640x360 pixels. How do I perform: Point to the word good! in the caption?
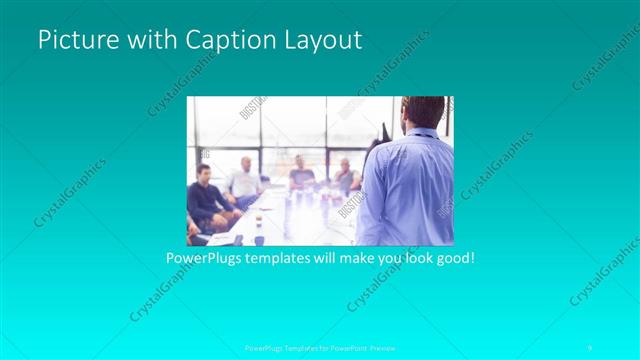451,258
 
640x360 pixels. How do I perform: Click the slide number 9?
590,346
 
